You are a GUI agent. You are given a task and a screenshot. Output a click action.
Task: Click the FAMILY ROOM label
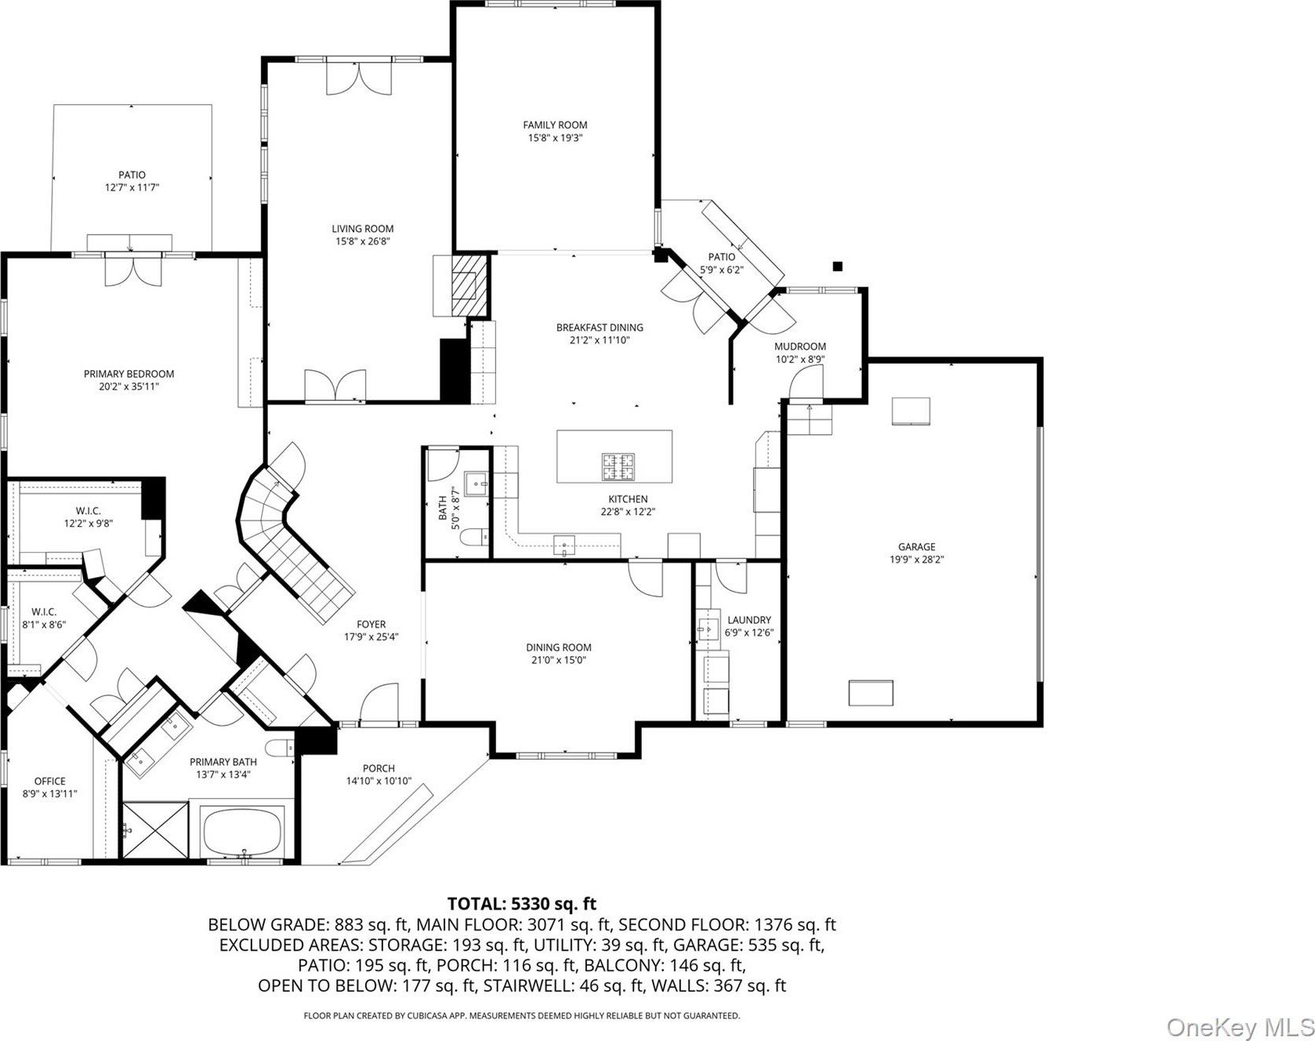tap(555, 125)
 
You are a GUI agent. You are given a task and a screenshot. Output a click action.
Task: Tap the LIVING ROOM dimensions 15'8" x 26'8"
tap(362, 241)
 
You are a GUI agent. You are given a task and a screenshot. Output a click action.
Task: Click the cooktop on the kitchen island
tap(618, 466)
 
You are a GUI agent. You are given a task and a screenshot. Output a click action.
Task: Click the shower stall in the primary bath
tap(156, 830)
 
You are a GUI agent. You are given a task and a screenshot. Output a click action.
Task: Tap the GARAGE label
tap(916, 547)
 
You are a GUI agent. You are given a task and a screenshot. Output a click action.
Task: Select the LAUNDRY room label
tap(749, 620)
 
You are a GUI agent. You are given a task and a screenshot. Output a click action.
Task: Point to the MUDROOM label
tap(800, 346)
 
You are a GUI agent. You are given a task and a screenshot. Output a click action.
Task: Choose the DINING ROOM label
tap(559, 647)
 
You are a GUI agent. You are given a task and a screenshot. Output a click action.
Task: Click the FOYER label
tap(371, 625)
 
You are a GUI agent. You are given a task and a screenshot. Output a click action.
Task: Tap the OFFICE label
tap(50, 782)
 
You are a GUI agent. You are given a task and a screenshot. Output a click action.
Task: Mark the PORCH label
tap(379, 768)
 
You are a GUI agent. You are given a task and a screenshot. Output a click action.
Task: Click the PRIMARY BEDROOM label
tap(129, 374)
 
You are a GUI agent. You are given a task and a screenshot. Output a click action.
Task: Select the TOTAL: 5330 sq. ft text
tap(522, 904)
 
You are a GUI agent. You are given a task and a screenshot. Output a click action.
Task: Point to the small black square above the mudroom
tap(837, 267)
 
